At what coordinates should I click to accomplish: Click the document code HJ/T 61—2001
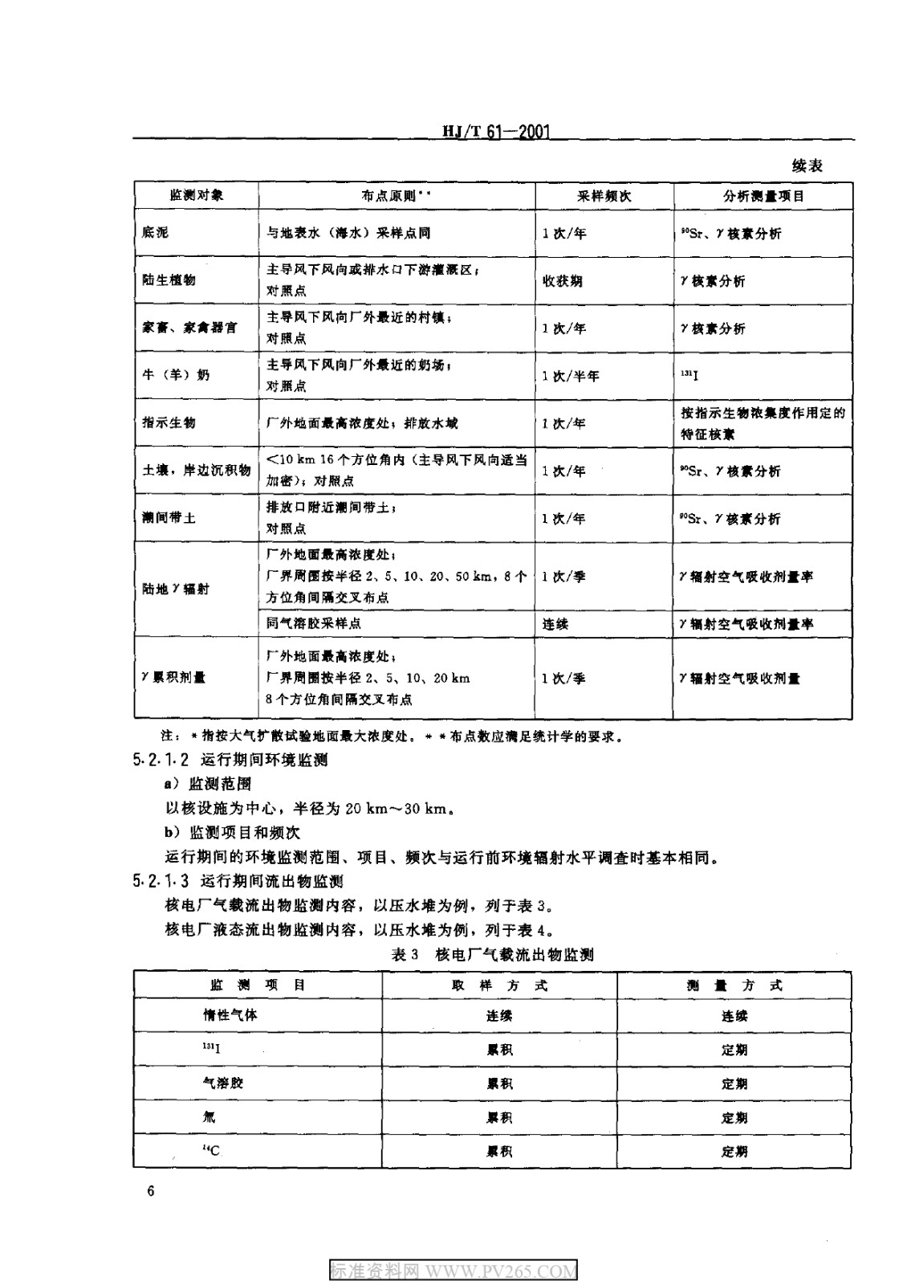click(495, 132)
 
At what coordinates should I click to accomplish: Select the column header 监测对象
click(196, 195)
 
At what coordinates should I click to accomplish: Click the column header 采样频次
click(604, 196)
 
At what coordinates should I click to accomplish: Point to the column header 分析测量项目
click(763, 196)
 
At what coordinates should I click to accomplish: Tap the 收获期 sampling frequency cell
click(562, 281)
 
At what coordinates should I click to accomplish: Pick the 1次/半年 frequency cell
click(570, 376)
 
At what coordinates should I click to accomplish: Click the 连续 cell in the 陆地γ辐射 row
click(555, 623)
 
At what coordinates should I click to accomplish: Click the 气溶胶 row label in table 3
click(223, 1083)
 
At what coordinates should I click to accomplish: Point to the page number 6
click(150, 1190)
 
